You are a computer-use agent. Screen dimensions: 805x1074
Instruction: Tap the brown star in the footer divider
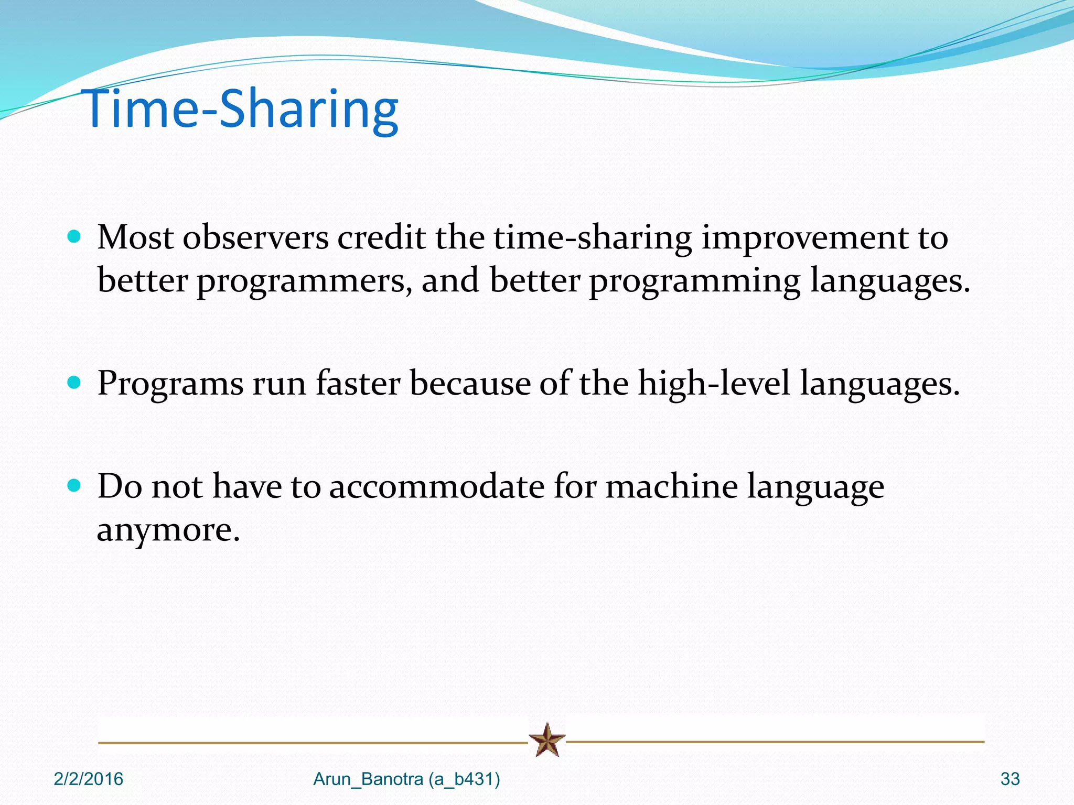547,740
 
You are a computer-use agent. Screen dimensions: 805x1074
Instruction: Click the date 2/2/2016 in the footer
88,779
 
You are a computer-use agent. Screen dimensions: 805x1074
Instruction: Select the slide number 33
1009,779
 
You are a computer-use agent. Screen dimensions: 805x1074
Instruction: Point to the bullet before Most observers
74,236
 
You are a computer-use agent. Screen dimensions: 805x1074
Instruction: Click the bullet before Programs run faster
74,382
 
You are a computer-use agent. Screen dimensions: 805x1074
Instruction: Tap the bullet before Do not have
74,485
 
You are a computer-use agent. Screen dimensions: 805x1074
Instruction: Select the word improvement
805,238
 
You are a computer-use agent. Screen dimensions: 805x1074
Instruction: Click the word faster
358,383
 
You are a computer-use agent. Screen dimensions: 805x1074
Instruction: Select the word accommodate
437,486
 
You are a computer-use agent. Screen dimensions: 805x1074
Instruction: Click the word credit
381,237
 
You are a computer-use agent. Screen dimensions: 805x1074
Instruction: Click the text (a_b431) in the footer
464,779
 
